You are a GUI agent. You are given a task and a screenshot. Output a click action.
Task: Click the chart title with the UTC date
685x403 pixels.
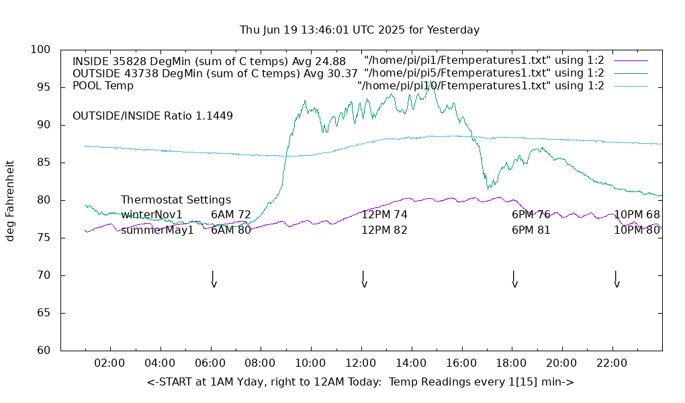coord(359,30)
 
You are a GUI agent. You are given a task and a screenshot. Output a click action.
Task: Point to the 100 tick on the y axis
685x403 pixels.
coord(41,50)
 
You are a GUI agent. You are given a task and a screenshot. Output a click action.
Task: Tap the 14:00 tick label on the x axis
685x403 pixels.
coord(411,363)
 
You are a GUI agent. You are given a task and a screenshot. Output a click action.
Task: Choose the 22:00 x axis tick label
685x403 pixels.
coord(612,363)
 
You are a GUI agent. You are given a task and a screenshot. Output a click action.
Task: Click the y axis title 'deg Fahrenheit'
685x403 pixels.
coord(10,200)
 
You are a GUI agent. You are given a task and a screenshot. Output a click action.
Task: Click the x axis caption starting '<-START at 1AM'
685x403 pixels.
coord(360,382)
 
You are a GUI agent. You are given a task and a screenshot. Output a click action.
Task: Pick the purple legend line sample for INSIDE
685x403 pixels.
coord(630,61)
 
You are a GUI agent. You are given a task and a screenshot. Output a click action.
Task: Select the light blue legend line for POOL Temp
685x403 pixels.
coord(630,86)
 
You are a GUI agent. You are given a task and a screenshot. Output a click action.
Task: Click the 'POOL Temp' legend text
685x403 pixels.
coord(103,86)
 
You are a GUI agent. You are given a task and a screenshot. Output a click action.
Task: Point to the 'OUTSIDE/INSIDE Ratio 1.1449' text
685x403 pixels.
coord(152,116)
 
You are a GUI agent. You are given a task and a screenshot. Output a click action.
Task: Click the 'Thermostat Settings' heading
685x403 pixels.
coord(176,200)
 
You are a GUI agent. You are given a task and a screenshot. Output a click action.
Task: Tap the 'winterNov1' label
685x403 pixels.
coord(152,215)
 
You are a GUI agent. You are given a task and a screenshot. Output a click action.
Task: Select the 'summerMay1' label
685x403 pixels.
coord(157,230)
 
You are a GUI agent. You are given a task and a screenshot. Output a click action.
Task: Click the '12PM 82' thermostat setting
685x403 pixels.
coord(385,230)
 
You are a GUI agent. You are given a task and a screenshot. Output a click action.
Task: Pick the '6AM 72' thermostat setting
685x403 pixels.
coord(231,215)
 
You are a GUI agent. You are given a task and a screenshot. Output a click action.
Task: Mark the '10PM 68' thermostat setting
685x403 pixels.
coord(637,215)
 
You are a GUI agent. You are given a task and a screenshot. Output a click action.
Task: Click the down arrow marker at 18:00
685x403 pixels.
coord(514,279)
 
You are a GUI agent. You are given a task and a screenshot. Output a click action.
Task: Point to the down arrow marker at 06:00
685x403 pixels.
coord(213,279)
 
